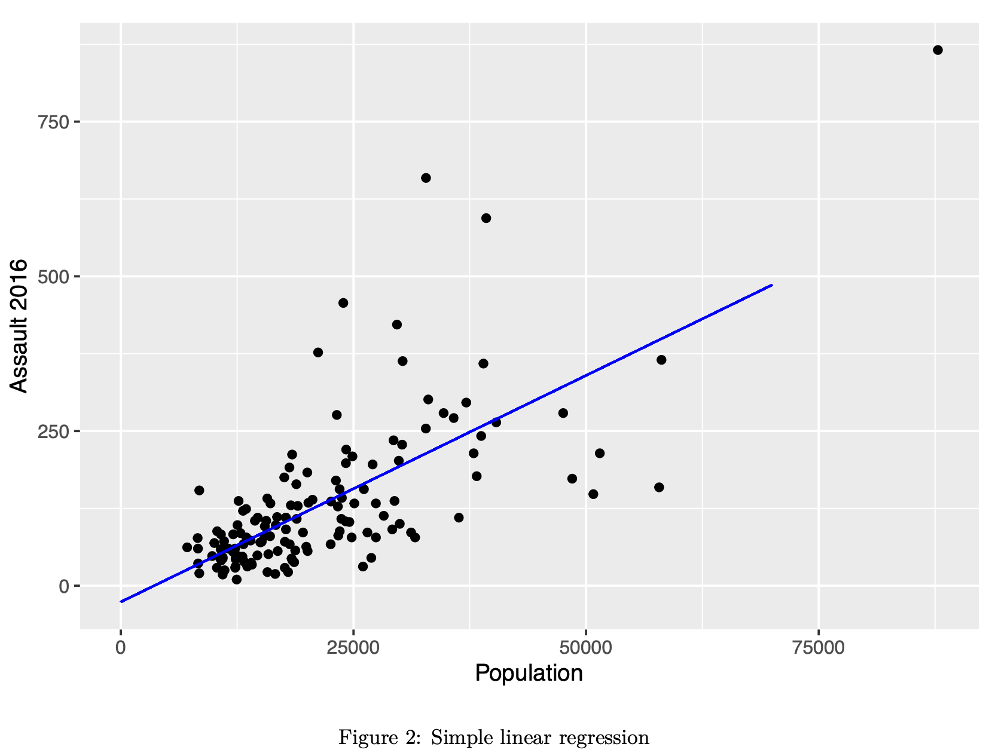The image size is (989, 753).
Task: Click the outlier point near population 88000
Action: click(x=937, y=50)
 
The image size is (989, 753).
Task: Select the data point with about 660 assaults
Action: click(x=426, y=178)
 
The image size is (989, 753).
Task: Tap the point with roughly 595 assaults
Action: click(x=486, y=218)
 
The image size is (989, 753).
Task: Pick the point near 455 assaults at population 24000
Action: click(x=343, y=303)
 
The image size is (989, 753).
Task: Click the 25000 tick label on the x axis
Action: click(x=353, y=648)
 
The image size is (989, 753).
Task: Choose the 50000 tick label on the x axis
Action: click(x=585, y=648)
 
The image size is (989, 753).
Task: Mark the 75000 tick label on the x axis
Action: click(x=818, y=648)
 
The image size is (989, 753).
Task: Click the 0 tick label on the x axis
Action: click(x=121, y=648)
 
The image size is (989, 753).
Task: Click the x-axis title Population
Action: click(x=529, y=674)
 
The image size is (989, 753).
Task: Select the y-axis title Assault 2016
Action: click(x=19, y=326)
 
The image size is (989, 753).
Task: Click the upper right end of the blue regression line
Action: click(x=772, y=285)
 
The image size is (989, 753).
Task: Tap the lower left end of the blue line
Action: click(x=121, y=602)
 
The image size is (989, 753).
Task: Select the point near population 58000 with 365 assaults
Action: click(x=661, y=360)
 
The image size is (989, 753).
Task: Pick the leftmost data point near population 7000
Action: click(x=187, y=547)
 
